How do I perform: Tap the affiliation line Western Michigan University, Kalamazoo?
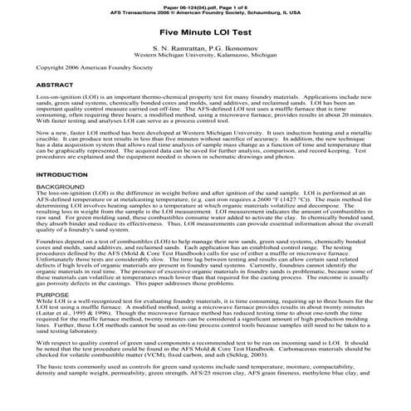[x=205, y=54]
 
